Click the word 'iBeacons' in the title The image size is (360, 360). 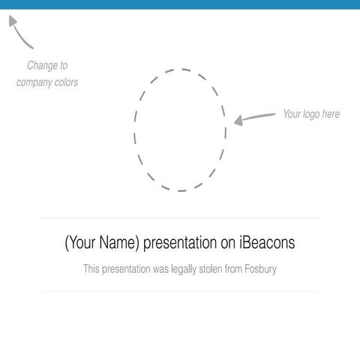(267, 243)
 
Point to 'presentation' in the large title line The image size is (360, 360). (181, 243)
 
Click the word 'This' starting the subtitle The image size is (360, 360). (91, 268)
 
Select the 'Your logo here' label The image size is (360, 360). (310, 114)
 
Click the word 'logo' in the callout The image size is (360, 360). (311, 114)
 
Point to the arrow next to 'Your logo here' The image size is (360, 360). (254, 118)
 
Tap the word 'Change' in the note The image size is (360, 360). (47, 66)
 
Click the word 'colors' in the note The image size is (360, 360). (65, 82)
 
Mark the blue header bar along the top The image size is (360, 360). (180, 4)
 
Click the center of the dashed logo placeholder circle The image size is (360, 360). (180, 130)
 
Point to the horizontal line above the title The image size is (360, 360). (180, 218)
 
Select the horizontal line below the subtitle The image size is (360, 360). (180, 291)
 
